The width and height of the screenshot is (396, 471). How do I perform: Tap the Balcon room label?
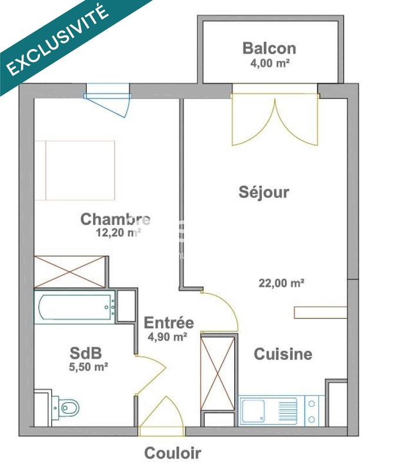click(269, 48)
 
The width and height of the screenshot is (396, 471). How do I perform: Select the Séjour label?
click(264, 192)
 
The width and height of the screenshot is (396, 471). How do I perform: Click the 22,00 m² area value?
click(281, 283)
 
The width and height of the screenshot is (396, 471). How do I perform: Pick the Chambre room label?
click(115, 220)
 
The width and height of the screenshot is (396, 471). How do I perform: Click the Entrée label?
click(169, 323)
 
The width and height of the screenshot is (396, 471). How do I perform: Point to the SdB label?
click(86, 353)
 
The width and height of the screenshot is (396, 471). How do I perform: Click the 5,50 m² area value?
click(88, 367)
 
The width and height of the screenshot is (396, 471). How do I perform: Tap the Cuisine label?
click(282, 354)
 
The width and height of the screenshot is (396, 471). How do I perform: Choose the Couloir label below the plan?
click(173, 453)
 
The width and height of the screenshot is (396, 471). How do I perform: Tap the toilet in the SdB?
click(66, 406)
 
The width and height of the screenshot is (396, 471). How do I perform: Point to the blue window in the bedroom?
click(108, 94)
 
